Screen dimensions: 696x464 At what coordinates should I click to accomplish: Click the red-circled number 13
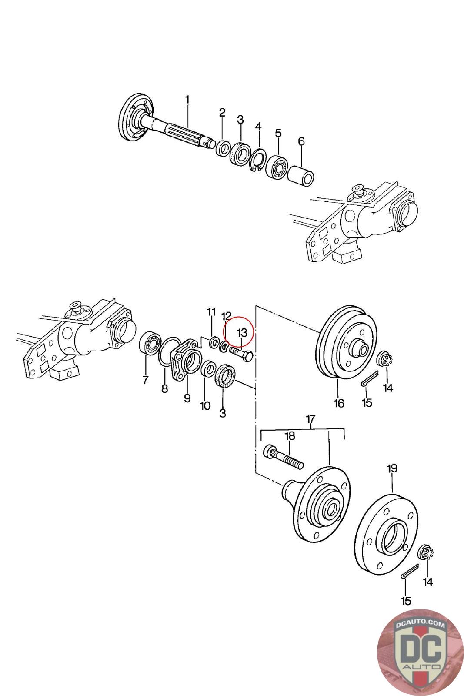(242, 333)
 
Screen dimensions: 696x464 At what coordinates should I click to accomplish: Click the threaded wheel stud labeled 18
(283, 458)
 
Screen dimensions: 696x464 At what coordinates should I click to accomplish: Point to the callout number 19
(392, 468)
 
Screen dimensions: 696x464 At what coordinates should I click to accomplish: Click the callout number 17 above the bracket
(310, 419)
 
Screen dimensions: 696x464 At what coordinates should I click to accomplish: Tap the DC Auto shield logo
(413, 652)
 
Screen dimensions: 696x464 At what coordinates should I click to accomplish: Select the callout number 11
(211, 312)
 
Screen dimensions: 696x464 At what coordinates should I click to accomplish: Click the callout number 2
(222, 113)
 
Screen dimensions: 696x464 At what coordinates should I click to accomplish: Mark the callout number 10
(205, 406)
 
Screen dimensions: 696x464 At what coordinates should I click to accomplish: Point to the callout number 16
(339, 403)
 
